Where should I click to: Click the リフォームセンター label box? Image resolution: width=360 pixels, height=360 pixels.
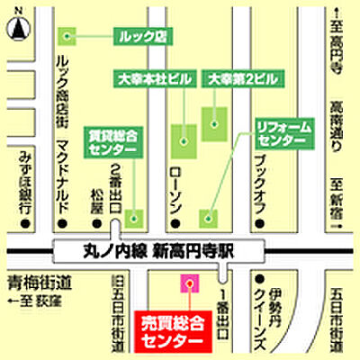coord(281,136)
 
